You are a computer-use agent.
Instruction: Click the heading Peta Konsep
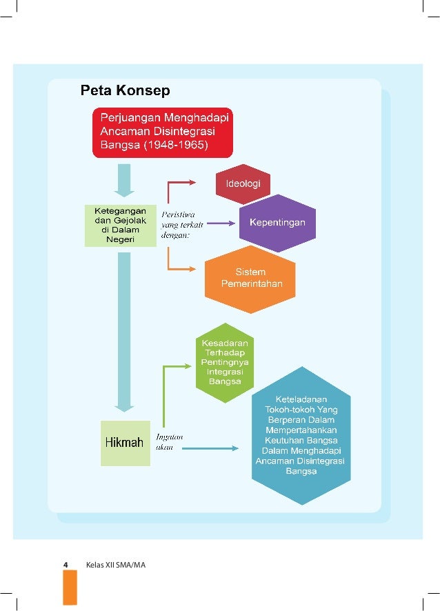pyautogui.click(x=125, y=90)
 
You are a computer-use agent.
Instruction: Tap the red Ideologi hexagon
pyautogui.click(x=243, y=184)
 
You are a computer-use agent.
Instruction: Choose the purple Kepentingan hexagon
pyautogui.click(x=277, y=223)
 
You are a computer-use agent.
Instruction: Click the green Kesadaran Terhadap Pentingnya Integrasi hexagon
pyautogui.click(x=224, y=362)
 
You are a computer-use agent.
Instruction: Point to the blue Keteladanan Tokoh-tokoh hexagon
pyautogui.click(x=301, y=435)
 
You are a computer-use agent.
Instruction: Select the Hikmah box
pyautogui.click(x=125, y=442)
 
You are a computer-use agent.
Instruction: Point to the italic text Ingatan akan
pyautogui.click(x=169, y=441)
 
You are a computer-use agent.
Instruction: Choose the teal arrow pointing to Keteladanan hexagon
pyautogui.click(x=207, y=449)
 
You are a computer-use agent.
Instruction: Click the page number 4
pyautogui.click(x=66, y=565)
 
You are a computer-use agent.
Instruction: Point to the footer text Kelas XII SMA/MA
pyautogui.click(x=116, y=565)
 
